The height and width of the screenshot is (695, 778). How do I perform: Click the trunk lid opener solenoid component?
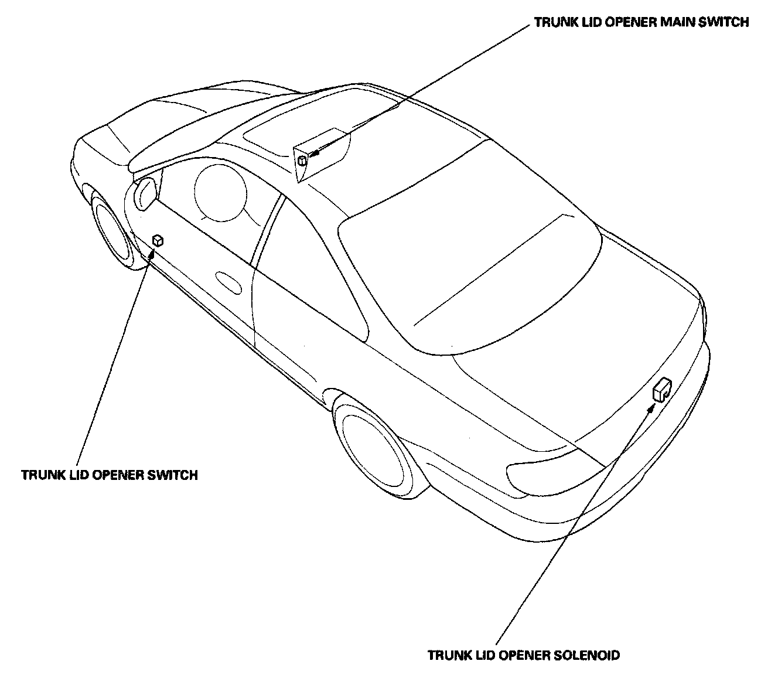pos(661,389)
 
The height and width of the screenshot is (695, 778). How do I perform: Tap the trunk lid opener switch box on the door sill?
pos(157,240)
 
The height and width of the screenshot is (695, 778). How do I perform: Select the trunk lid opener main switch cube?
pos(302,160)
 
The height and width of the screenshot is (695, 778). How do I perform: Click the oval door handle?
pos(228,282)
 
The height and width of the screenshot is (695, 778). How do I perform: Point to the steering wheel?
pos(217,193)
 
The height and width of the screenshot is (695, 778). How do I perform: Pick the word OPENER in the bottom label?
pos(524,655)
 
